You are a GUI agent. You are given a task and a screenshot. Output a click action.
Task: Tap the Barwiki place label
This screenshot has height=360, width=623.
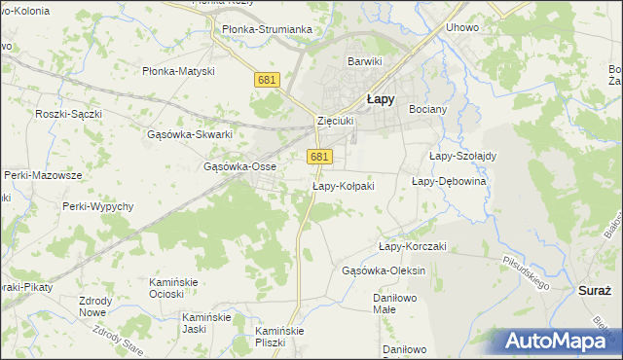[366, 61]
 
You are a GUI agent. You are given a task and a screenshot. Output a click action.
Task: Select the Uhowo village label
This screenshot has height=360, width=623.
[461, 27]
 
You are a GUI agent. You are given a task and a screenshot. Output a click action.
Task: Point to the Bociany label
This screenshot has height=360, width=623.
[427, 109]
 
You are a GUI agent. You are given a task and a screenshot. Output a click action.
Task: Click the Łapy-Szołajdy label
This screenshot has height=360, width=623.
[462, 156]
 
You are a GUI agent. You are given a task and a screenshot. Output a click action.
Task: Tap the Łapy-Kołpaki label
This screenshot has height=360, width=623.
[343, 185]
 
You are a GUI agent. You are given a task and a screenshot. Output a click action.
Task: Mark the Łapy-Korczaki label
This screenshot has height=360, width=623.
[412, 246]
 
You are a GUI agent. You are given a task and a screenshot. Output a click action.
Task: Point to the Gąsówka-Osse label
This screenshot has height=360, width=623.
[239, 166]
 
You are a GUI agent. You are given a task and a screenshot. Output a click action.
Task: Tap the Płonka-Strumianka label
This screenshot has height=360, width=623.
[267, 29]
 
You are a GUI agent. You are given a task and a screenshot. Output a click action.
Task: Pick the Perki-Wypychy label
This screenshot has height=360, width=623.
[97, 206]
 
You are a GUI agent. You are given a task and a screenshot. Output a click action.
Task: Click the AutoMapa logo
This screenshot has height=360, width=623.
[560, 342]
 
